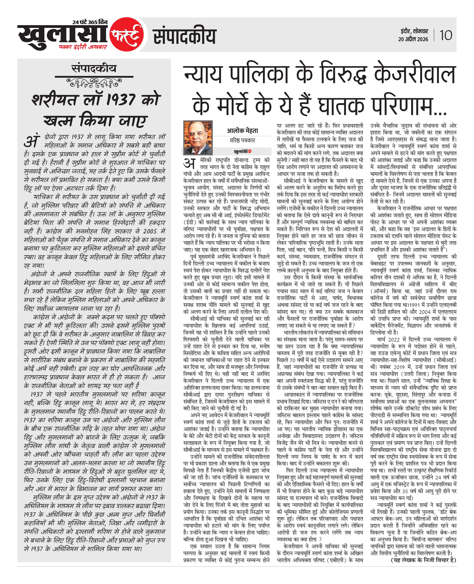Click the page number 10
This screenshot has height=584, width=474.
click(x=446, y=35)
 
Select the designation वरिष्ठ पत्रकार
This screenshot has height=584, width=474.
click(x=242, y=140)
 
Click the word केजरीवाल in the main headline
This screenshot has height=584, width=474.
click(x=414, y=74)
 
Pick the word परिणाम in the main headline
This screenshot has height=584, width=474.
click(x=408, y=106)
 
